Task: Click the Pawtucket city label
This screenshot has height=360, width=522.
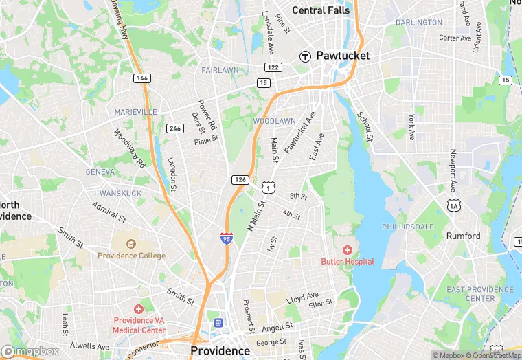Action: pyautogui.click(x=343, y=56)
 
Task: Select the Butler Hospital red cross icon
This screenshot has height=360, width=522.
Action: pyautogui.click(x=348, y=250)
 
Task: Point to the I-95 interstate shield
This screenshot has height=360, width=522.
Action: pyautogui.click(x=227, y=238)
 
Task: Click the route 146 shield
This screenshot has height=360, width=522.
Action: pyautogui.click(x=142, y=78)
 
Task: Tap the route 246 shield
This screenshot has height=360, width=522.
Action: pyautogui.click(x=174, y=128)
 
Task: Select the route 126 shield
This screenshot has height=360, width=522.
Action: pyautogui.click(x=240, y=179)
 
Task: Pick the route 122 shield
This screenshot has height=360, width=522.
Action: pyautogui.click(x=273, y=67)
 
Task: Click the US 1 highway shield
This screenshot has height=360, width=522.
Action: pyautogui.click(x=268, y=187)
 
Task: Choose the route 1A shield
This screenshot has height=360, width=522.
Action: pyautogui.click(x=453, y=205)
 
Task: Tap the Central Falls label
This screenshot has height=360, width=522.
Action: pyautogui.click(x=321, y=10)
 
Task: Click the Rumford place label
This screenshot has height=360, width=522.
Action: pyautogui.click(x=464, y=236)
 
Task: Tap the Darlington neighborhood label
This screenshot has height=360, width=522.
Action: pyautogui.click(x=419, y=22)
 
